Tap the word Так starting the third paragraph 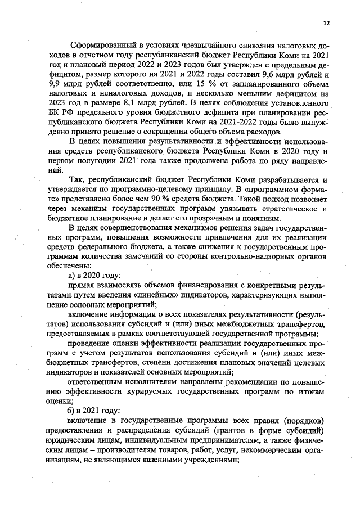[x=79, y=179]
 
